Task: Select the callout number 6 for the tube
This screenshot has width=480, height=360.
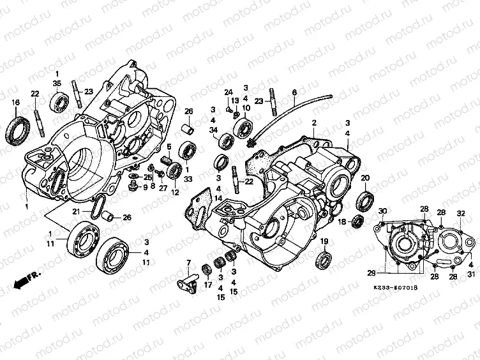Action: (294, 92)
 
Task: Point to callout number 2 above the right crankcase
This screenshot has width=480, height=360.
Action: (314, 121)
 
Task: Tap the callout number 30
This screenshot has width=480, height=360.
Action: (382, 211)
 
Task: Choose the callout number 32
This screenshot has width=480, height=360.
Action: (460, 213)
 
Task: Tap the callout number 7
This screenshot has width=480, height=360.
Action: (188, 264)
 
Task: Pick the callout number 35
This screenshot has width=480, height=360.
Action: (57, 83)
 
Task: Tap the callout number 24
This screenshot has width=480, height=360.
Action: (226, 93)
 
